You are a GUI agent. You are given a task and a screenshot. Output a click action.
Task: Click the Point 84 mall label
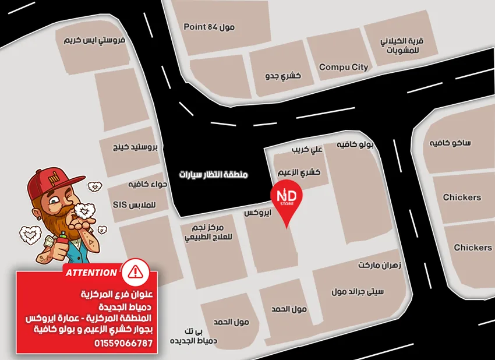208,27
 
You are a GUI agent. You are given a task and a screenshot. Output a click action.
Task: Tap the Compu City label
344,67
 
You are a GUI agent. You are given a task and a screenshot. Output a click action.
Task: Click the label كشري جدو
282,76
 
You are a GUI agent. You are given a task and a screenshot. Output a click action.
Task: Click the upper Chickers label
462,197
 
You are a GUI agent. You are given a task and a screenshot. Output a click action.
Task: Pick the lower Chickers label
472,248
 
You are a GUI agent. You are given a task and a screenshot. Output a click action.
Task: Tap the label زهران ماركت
383,265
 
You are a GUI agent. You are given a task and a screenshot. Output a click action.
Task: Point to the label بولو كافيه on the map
355,143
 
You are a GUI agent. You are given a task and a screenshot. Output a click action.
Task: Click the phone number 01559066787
123,343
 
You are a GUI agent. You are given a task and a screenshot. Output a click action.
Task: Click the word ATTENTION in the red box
91,273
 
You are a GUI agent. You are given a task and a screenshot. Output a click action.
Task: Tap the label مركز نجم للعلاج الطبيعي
208,232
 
